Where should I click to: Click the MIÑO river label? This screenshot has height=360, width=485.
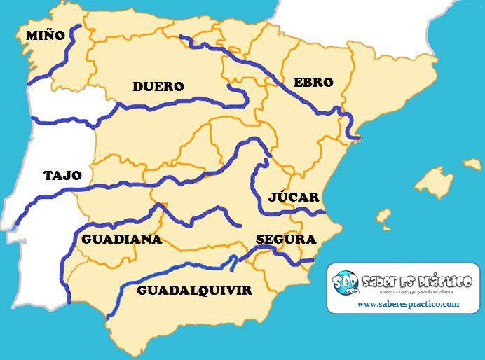[45, 34]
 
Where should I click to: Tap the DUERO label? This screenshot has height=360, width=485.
[158, 87]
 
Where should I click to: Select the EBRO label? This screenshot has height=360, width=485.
[313, 82]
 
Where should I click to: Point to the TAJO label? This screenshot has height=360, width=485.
[62, 175]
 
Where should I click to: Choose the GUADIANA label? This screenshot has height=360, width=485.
[121, 239]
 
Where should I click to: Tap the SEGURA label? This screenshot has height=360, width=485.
[286, 239]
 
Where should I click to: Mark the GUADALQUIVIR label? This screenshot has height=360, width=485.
[194, 290]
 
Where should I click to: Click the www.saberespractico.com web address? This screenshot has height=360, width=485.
[408, 304]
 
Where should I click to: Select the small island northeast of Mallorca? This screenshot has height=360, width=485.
[472, 164]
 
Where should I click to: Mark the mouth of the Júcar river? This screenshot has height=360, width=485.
[323, 212]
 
